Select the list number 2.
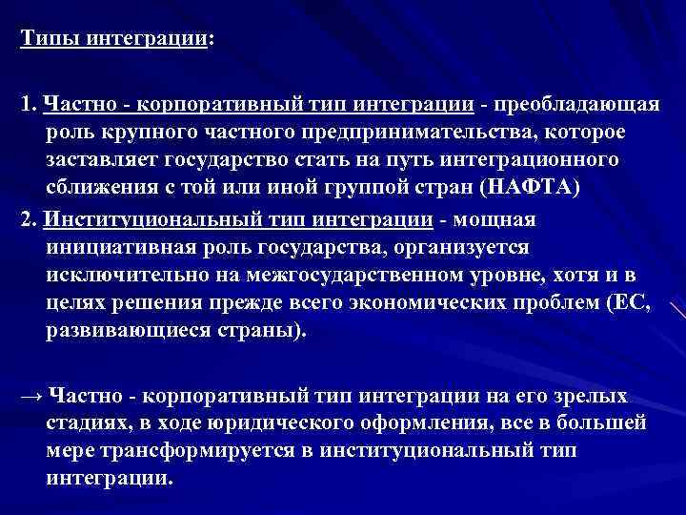tap(26, 220)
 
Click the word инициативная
tap(121, 248)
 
